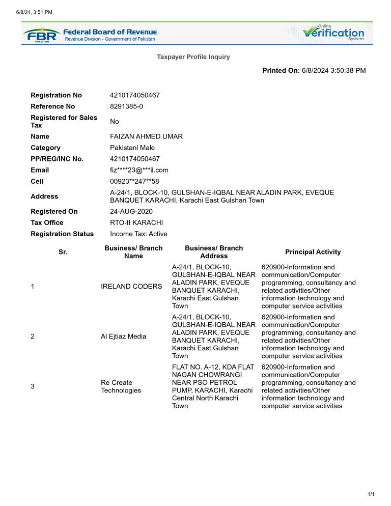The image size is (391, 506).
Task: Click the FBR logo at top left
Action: [x=41, y=34]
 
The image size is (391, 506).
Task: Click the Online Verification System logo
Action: [x=333, y=33]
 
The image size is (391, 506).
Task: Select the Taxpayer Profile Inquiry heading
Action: [x=193, y=57]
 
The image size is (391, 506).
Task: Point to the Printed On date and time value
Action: [x=334, y=71]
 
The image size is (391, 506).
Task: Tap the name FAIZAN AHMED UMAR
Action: [x=147, y=136]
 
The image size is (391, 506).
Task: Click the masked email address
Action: [x=139, y=170]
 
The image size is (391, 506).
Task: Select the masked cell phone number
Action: [x=134, y=181]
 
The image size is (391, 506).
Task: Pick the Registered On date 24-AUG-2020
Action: [x=131, y=211]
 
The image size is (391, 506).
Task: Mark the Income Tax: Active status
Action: [x=138, y=234]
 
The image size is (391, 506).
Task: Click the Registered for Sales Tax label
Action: [x=64, y=121]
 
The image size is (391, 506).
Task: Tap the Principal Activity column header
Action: [x=313, y=252]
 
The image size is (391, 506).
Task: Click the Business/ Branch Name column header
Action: [x=133, y=252]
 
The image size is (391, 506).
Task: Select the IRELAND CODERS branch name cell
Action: [x=131, y=287]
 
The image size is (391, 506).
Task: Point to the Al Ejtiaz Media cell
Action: [x=123, y=336]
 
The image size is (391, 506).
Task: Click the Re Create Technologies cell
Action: [x=121, y=386]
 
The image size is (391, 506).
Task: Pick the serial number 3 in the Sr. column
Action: [x=33, y=386]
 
